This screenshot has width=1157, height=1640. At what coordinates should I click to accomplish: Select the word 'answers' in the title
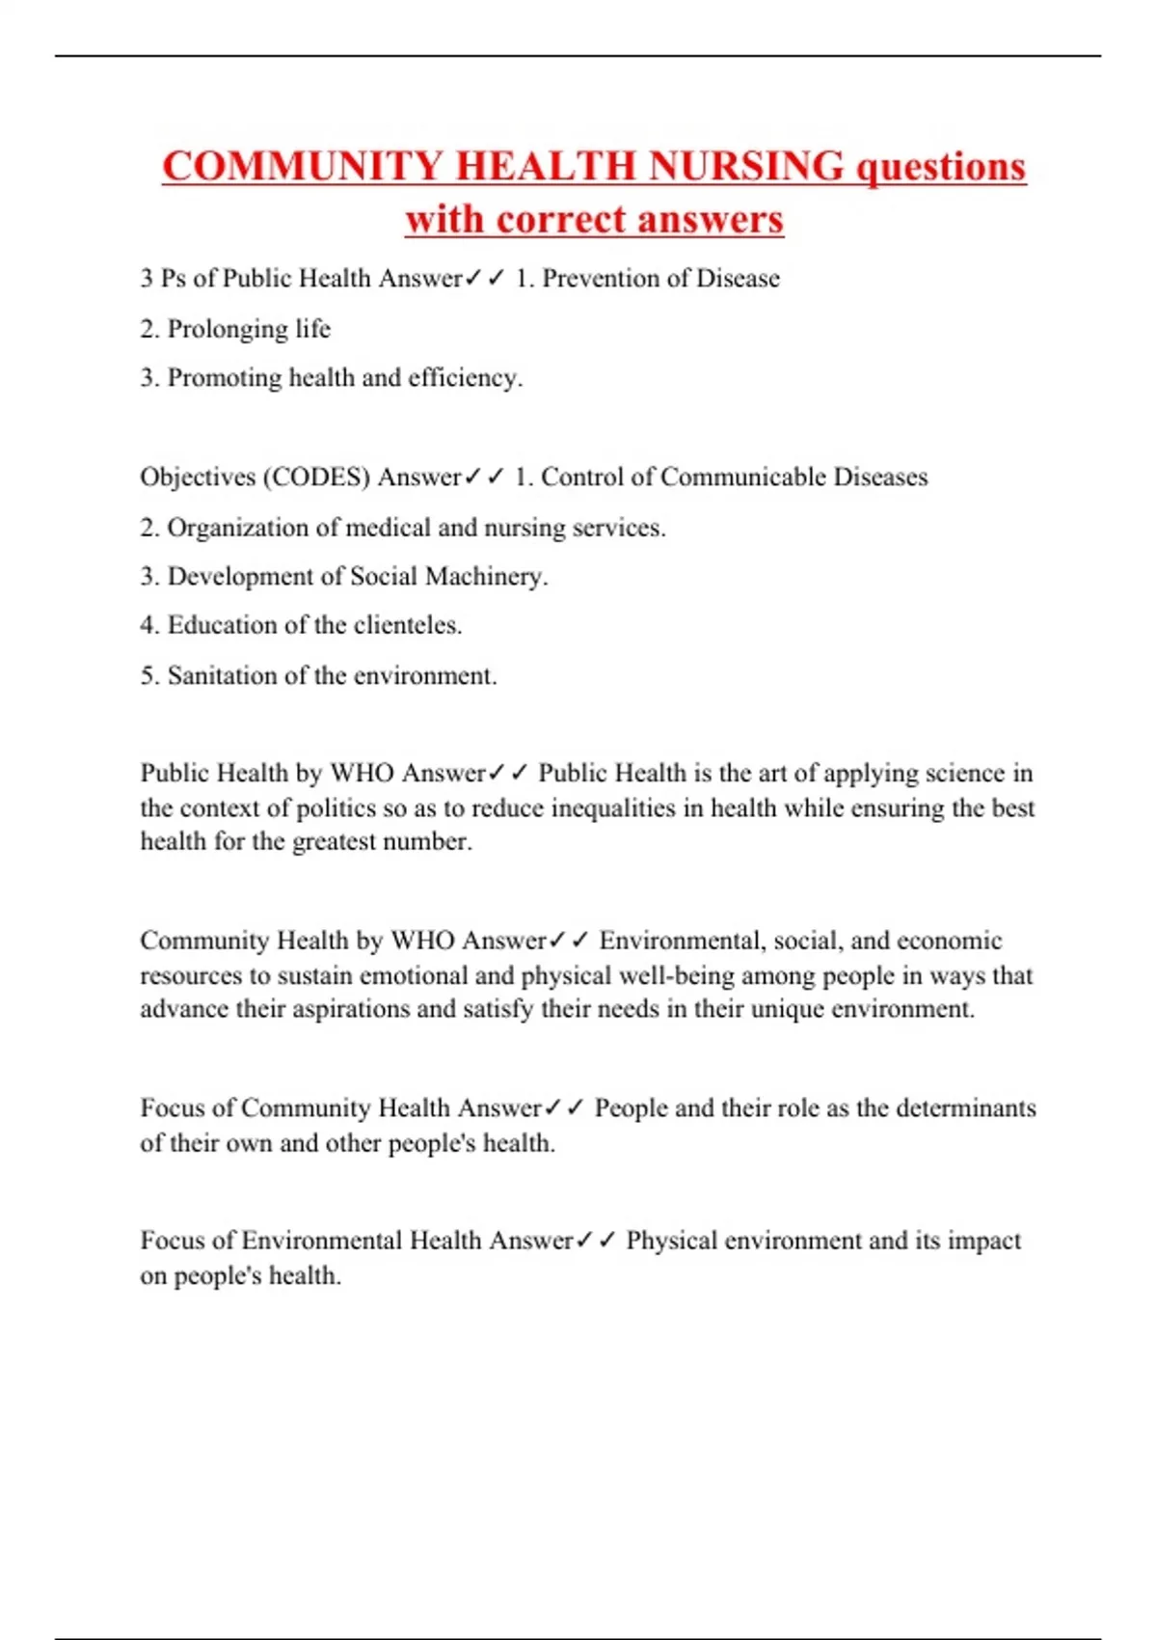710,219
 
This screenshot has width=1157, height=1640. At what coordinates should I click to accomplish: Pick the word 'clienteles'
408,625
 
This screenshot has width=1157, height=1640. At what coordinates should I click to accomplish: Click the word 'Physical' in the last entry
671,1241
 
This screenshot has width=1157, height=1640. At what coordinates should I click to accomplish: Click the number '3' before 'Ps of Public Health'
147,279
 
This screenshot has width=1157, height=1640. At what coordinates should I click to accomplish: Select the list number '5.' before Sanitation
149,675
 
